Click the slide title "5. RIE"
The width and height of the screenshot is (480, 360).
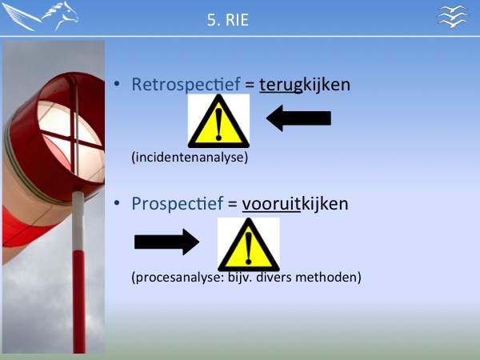click(x=228, y=20)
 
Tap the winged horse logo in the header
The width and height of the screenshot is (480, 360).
click(x=40, y=16)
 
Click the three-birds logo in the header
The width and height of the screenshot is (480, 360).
click(x=453, y=16)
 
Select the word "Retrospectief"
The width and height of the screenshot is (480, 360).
click(x=186, y=84)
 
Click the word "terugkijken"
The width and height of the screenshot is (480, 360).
click(x=305, y=85)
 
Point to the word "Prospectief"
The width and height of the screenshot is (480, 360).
click(x=178, y=203)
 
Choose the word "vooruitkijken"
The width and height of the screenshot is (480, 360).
click(x=295, y=204)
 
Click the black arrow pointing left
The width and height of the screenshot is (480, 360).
click(x=298, y=118)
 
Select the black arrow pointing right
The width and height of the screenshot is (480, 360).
click(x=167, y=242)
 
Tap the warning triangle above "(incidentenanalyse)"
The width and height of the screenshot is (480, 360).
click(x=218, y=122)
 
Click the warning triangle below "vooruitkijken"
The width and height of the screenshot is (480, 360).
click(x=249, y=245)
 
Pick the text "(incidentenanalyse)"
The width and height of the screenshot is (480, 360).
click(x=190, y=158)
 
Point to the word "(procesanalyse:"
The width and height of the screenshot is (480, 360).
click(x=178, y=278)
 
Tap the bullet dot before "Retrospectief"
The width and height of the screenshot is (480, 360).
click(x=117, y=83)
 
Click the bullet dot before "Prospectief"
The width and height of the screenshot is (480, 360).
click(x=117, y=203)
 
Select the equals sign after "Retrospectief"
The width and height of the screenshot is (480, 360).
click(x=250, y=85)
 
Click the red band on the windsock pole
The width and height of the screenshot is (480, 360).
click(x=79, y=302)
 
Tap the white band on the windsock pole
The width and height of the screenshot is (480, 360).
click(x=78, y=221)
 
